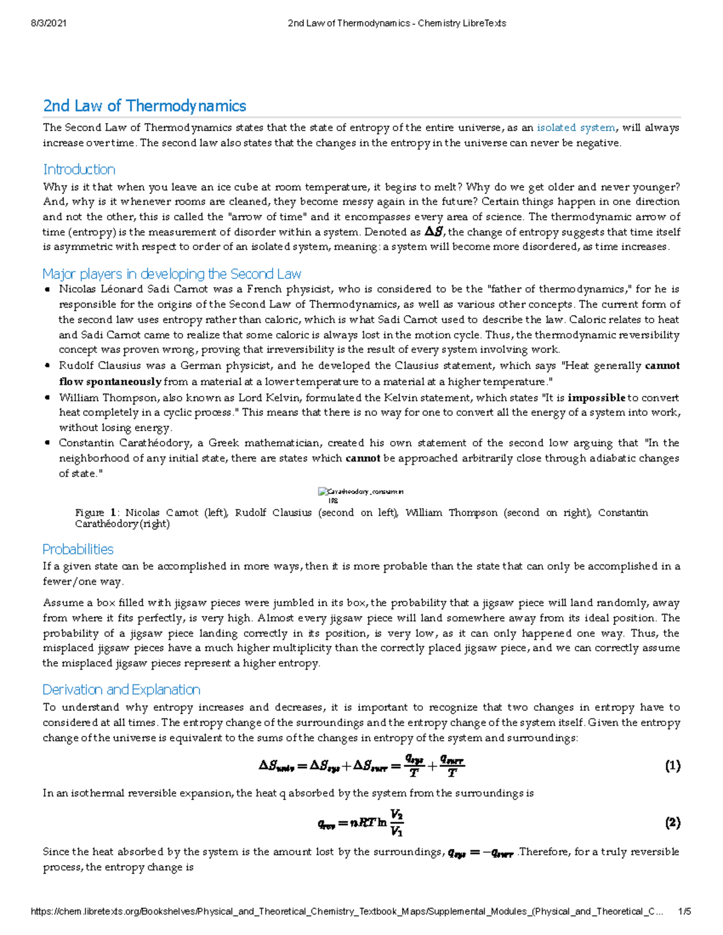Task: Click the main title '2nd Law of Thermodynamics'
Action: point(145,106)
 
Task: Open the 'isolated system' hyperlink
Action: point(576,128)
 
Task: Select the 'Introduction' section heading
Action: point(79,170)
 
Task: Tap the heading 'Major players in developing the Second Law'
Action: point(172,275)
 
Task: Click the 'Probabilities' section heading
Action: point(78,550)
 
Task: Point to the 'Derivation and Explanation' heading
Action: point(121,690)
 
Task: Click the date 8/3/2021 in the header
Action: point(48,23)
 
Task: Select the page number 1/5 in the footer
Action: point(684,912)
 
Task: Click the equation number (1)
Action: point(672,766)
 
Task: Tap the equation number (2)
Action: point(672,823)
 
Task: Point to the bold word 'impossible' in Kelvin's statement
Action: point(596,398)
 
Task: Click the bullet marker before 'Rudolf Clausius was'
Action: point(48,366)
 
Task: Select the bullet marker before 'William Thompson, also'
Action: point(48,398)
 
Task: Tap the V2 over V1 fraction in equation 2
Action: point(396,823)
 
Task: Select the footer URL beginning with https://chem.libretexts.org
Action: point(346,912)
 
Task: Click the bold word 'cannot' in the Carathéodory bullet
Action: point(363,459)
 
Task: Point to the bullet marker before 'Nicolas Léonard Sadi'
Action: point(48,290)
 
